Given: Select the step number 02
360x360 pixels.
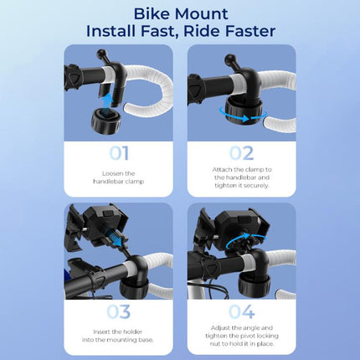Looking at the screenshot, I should click(241, 153).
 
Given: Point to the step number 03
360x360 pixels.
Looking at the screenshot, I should click(118, 312).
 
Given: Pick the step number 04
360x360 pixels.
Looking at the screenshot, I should click(242, 312).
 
